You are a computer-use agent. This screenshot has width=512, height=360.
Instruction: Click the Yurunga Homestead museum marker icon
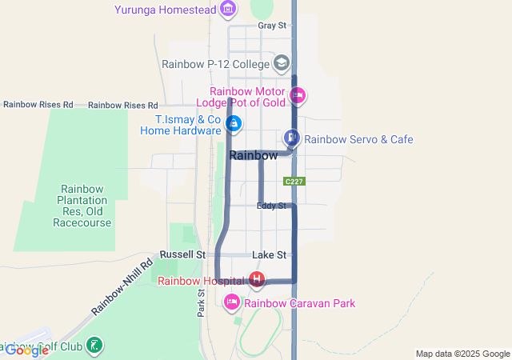229,10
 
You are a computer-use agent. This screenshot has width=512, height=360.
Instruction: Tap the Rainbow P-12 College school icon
281,62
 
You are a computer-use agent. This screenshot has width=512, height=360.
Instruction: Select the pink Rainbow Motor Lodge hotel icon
298,97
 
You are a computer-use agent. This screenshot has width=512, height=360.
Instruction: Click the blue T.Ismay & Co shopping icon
234,123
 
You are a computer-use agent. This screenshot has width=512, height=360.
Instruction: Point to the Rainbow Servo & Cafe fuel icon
292,138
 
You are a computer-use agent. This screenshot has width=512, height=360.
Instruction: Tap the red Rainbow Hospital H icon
257,280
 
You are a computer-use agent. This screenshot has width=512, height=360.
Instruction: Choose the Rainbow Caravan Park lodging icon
232,302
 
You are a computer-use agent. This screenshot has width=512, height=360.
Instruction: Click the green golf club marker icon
94,346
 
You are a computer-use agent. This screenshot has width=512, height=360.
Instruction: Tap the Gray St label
272,26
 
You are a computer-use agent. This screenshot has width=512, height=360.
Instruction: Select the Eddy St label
271,206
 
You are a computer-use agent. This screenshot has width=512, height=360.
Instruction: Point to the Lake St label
269,254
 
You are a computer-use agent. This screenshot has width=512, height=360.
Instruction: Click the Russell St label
182,254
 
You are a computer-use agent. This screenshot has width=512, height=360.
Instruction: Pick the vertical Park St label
201,303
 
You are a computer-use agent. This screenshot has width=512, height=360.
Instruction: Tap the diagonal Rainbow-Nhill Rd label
121,286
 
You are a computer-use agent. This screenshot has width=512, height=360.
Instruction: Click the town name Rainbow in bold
254,155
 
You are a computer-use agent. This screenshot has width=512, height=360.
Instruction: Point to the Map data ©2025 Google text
462,354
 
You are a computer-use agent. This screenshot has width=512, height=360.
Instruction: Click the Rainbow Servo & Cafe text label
358,139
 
